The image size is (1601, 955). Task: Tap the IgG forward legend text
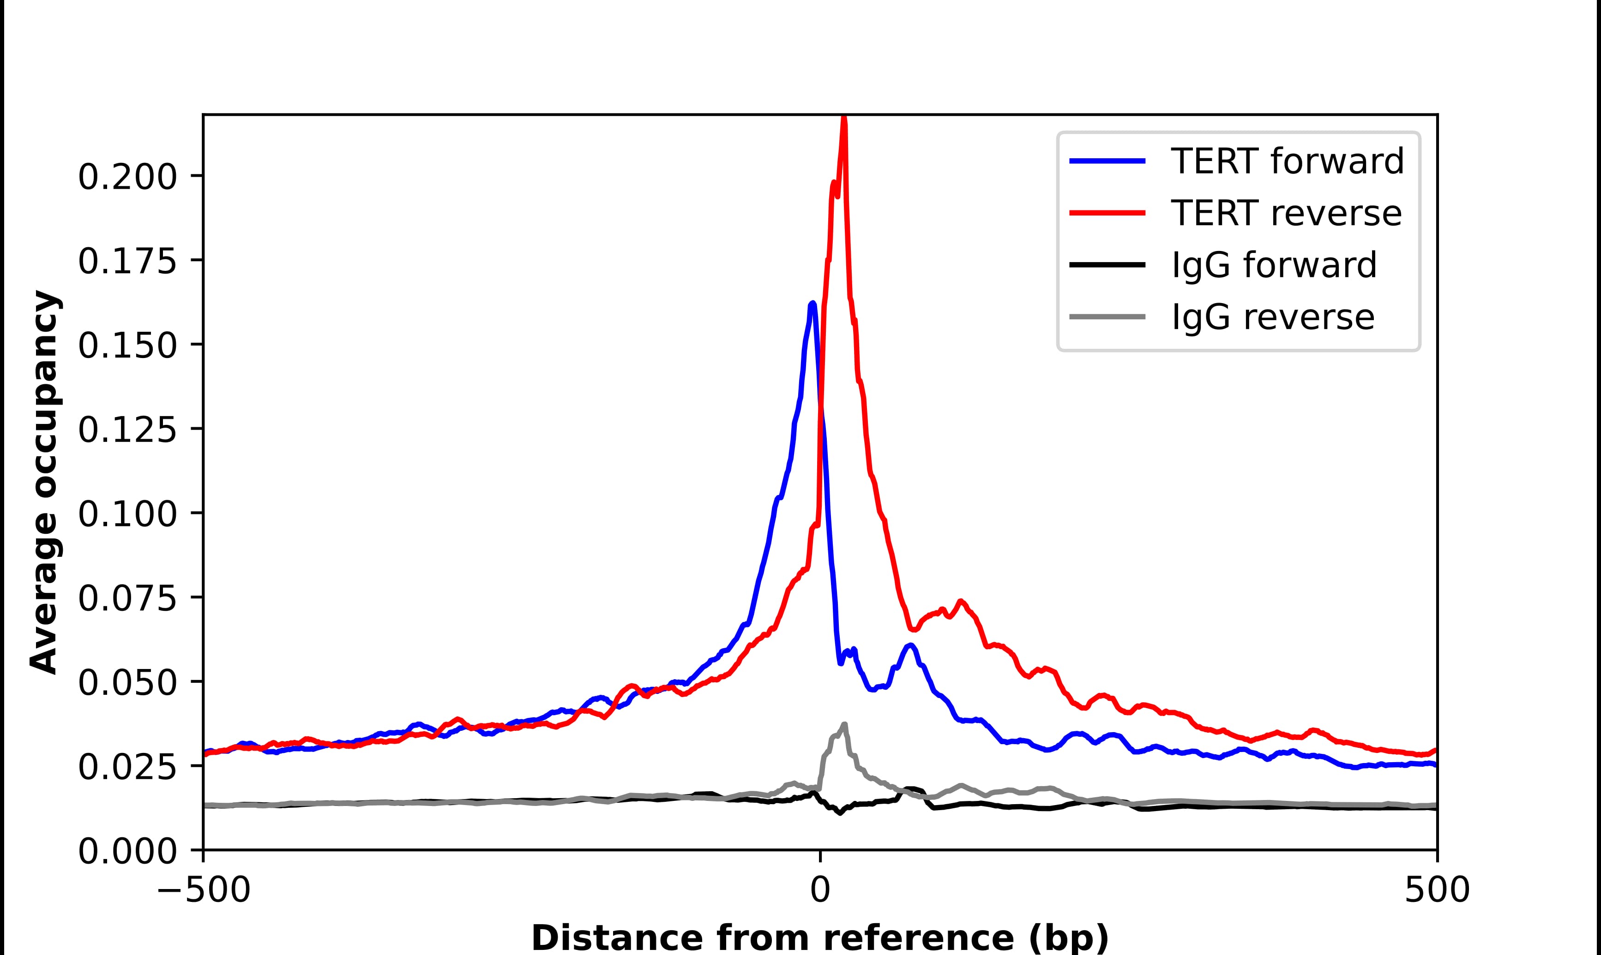1273,265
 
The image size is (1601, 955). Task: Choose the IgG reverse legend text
1272,317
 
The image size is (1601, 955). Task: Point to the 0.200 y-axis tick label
127,177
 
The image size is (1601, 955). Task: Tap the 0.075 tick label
127,598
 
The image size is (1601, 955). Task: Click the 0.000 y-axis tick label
127,851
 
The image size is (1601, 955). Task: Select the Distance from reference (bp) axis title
819,937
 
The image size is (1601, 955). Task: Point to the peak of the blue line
813,303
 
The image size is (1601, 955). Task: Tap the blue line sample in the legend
1107,161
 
